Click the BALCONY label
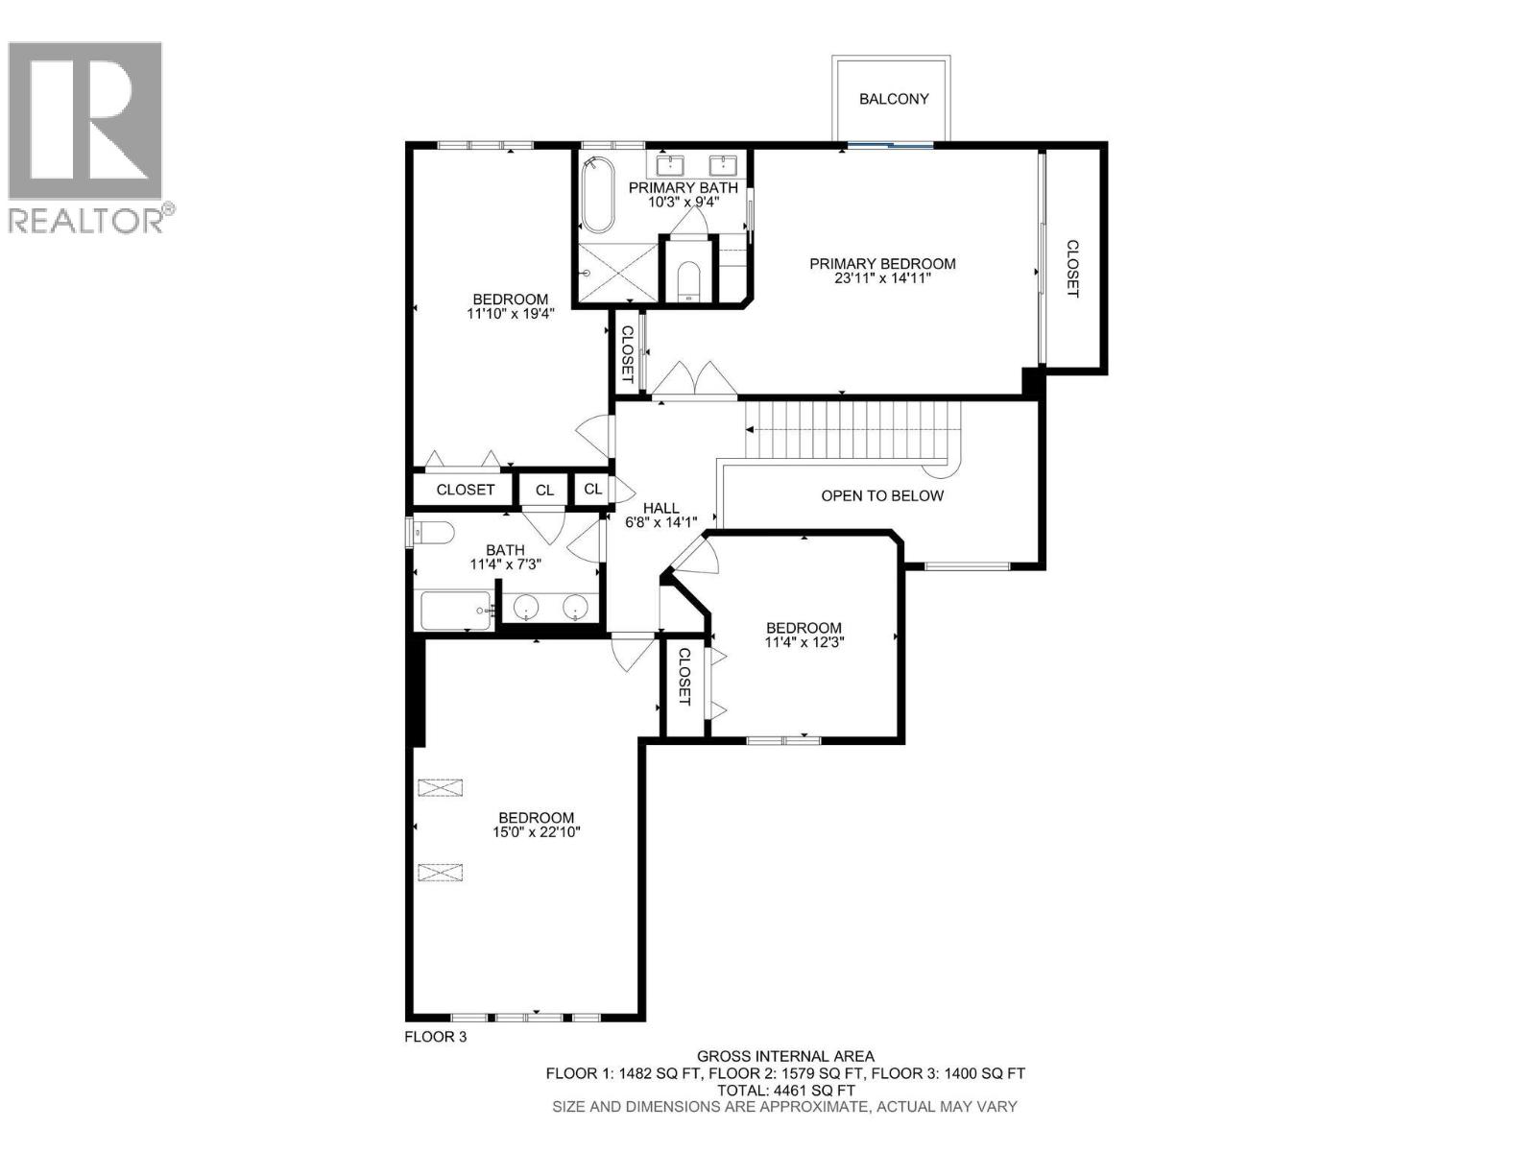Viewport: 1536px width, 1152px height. [894, 99]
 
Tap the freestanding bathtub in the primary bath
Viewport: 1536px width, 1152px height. [598, 195]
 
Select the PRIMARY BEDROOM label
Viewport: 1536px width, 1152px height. [882, 264]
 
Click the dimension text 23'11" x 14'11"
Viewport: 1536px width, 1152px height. [882, 279]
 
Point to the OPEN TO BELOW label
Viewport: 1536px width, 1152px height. [882, 496]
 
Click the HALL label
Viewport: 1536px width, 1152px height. [660, 509]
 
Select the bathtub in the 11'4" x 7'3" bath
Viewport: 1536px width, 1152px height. [456, 611]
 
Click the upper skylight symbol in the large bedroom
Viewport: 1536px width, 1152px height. [440, 787]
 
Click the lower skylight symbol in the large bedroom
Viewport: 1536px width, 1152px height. [440, 873]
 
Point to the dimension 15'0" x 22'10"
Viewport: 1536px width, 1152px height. [537, 833]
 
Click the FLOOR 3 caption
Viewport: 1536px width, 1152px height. [435, 1037]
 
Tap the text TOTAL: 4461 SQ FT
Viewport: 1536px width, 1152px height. [785, 1091]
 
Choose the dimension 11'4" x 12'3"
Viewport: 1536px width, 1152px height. [804, 642]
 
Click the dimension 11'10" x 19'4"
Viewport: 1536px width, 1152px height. [510, 313]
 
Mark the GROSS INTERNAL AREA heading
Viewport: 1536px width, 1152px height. [785, 1057]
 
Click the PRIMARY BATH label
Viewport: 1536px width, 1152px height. [683, 187]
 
